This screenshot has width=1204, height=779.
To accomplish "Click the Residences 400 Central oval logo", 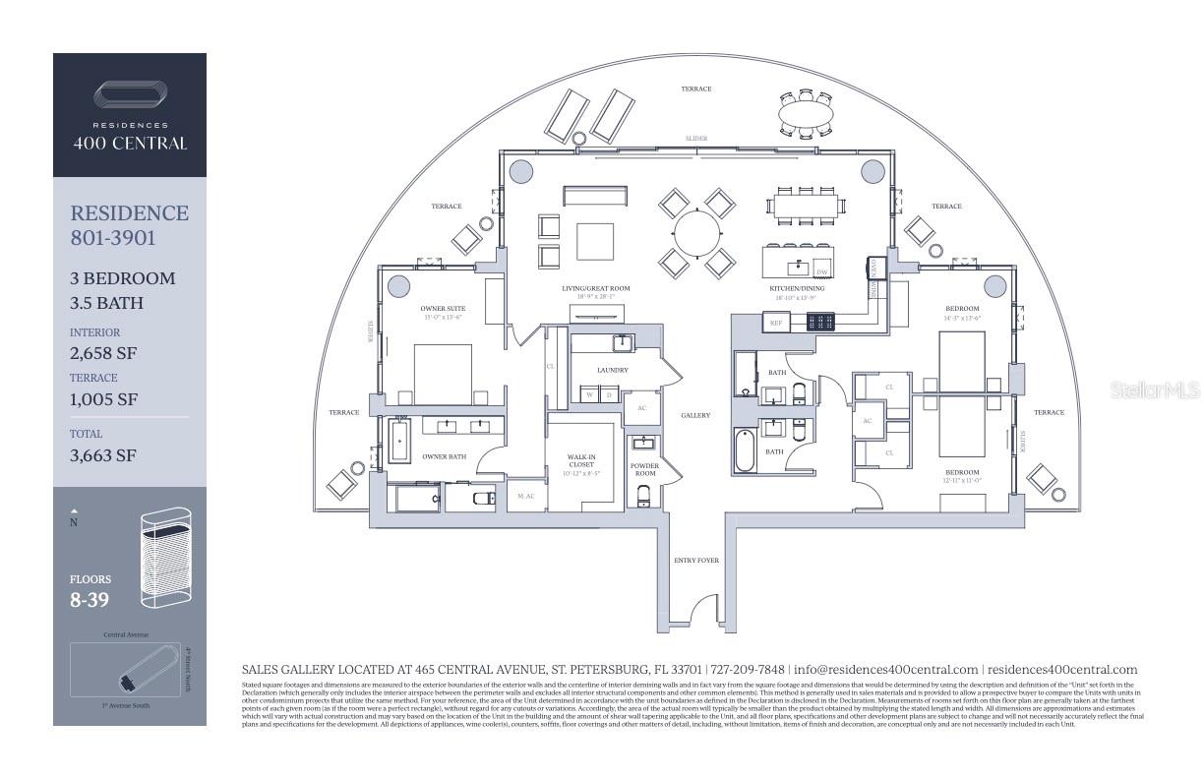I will click(130, 97).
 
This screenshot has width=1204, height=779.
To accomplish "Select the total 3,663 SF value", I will click(103, 455).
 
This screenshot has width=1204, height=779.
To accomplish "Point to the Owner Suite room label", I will click(443, 309).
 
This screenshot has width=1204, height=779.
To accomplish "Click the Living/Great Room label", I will click(595, 288).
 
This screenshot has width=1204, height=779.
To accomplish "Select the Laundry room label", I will click(612, 370).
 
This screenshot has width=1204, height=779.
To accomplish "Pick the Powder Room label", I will click(644, 469).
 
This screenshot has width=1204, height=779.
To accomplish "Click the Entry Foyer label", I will click(695, 561).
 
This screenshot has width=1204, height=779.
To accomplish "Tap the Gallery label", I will click(695, 415).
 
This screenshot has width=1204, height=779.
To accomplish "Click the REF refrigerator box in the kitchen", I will click(775, 322).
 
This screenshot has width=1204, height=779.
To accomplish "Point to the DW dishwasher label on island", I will click(821, 270).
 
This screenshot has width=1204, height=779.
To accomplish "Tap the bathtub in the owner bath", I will click(399, 442).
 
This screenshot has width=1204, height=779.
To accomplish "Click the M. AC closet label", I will click(525, 497).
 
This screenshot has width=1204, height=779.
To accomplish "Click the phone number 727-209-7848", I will click(748, 669).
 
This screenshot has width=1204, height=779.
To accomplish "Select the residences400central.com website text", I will click(1061, 669).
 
